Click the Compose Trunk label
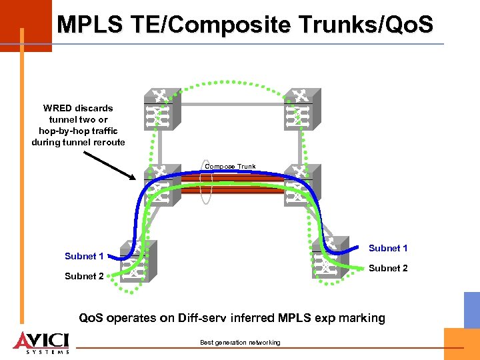pos(230,167)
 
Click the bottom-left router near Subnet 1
pos(136,260)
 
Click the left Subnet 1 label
pos(84,256)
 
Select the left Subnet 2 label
pos(84,276)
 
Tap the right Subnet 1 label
pos(388,248)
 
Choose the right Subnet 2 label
pos(388,268)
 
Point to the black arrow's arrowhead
pos(137,178)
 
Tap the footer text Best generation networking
pos(240,343)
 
